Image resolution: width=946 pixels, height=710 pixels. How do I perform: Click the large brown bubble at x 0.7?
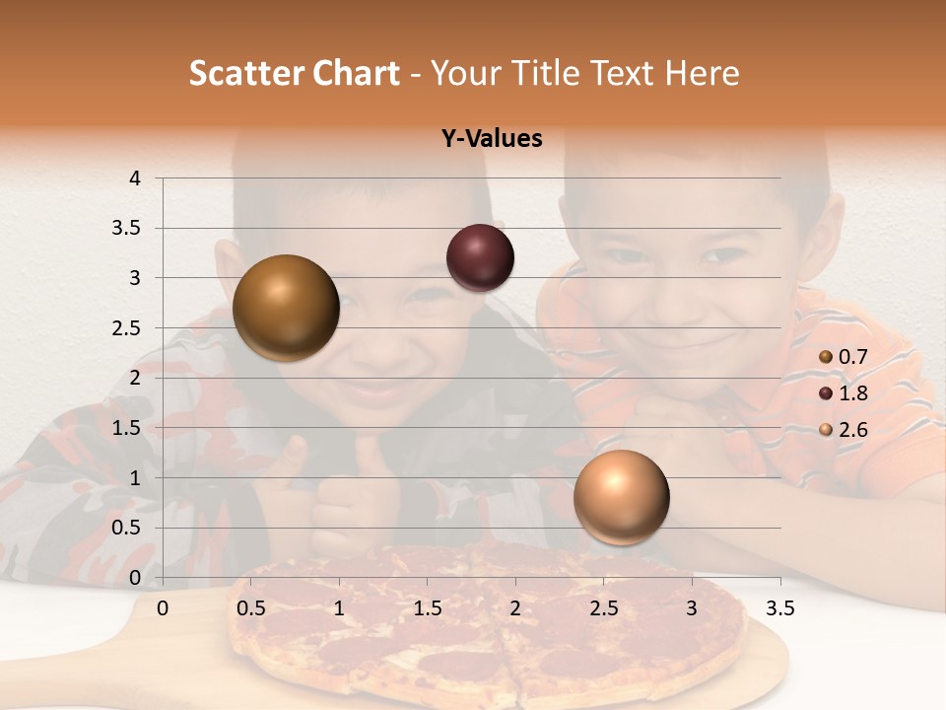(286, 308)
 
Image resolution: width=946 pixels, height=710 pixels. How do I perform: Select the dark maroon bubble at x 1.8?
(480, 257)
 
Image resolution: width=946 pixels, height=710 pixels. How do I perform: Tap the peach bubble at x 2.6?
(621, 497)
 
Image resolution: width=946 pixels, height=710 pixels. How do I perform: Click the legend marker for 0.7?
(826, 357)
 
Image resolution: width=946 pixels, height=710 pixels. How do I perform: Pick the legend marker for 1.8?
(826, 393)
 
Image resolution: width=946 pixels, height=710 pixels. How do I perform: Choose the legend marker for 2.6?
(826, 430)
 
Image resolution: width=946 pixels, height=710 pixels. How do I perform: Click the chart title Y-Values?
(492, 139)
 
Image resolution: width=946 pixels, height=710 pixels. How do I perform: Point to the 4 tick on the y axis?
(135, 178)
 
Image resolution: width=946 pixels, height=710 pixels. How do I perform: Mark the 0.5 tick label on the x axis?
(251, 608)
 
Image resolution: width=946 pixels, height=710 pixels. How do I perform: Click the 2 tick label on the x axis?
(515, 608)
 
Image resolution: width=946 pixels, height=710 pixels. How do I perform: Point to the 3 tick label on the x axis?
(692, 608)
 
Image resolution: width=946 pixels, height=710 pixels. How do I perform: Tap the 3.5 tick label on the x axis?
(779, 608)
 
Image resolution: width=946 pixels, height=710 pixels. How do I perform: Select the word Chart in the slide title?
(356, 73)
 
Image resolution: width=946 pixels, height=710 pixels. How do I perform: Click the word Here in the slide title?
(702, 73)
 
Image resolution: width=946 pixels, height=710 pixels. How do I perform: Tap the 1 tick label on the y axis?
(135, 478)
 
